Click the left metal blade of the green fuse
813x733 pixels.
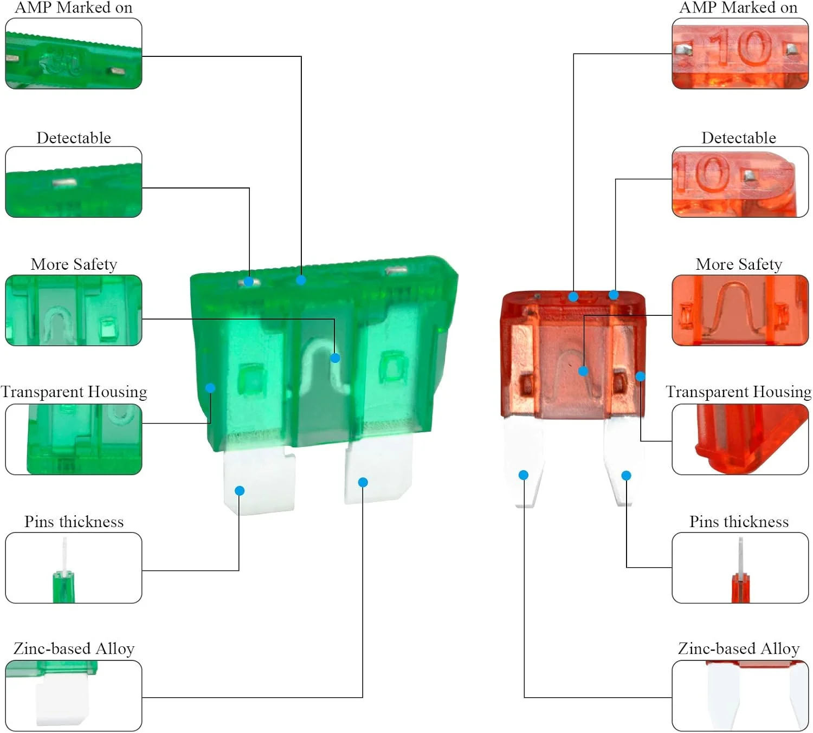pos(259,479)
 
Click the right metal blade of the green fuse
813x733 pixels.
pos(378,469)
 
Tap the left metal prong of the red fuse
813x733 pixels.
pos(523,460)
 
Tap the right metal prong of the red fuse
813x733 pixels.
pos(623,460)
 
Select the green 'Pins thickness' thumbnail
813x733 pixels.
pos(74,568)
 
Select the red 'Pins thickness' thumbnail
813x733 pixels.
pos(740,568)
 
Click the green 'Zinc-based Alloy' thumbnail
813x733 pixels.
pos(74,696)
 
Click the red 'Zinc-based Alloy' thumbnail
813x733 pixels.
pos(740,696)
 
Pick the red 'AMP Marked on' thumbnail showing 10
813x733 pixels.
pos(740,54)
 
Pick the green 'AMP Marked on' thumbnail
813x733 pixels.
pos(74,54)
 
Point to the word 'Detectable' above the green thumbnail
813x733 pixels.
pos(74,138)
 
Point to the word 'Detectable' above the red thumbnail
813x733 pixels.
pos(739,138)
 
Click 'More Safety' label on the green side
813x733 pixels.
pos(74,264)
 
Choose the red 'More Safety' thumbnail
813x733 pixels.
pos(740,310)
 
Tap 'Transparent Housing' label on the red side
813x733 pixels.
pos(738,392)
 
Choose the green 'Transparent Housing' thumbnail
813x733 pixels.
pos(74,439)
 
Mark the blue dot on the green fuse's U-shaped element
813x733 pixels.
pos(335,358)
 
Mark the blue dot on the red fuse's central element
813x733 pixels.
pos(583,371)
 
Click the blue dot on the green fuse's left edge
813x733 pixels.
pos(210,388)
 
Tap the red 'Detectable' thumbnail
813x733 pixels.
pos(740,182)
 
